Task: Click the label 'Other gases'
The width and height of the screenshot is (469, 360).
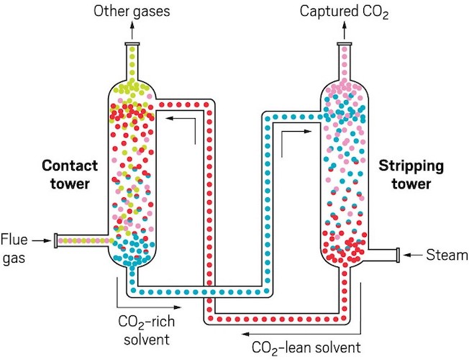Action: point(131,12)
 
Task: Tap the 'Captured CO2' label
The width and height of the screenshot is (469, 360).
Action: point(345,12)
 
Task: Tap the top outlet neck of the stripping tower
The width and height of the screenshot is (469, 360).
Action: point(345,58)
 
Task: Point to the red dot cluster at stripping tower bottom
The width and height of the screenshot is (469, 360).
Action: point(345,247)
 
